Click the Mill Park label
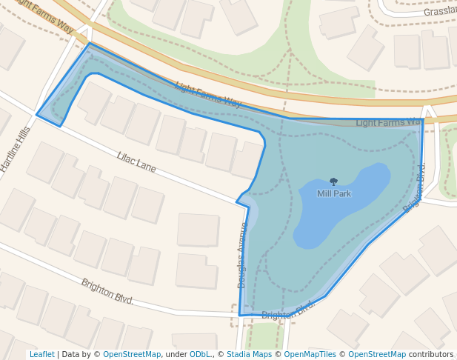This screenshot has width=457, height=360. coord(333,193)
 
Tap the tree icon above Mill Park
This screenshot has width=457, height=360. coord(333,181)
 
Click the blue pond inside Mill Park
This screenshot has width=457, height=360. coord(356,204)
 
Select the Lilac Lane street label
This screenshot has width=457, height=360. coord(136,161)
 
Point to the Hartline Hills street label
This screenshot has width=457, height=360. coord(16,149)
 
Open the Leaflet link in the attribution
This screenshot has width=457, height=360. coord(41,354)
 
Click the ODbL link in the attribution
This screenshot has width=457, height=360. coord(202,354)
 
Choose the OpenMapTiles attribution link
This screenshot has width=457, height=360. coord(310,354)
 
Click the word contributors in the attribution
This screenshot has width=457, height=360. coord(431,354)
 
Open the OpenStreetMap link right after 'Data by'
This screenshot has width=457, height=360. coord(132,354)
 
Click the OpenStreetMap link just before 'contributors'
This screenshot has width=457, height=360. coord(377,354)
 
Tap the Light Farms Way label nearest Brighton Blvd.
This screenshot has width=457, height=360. coord(388,122)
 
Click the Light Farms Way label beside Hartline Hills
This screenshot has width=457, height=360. coord(44,16)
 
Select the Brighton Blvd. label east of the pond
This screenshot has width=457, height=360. coord(414,188)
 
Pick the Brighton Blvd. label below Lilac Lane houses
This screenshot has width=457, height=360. coord(107,291)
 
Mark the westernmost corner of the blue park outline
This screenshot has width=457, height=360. coord(37,114)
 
